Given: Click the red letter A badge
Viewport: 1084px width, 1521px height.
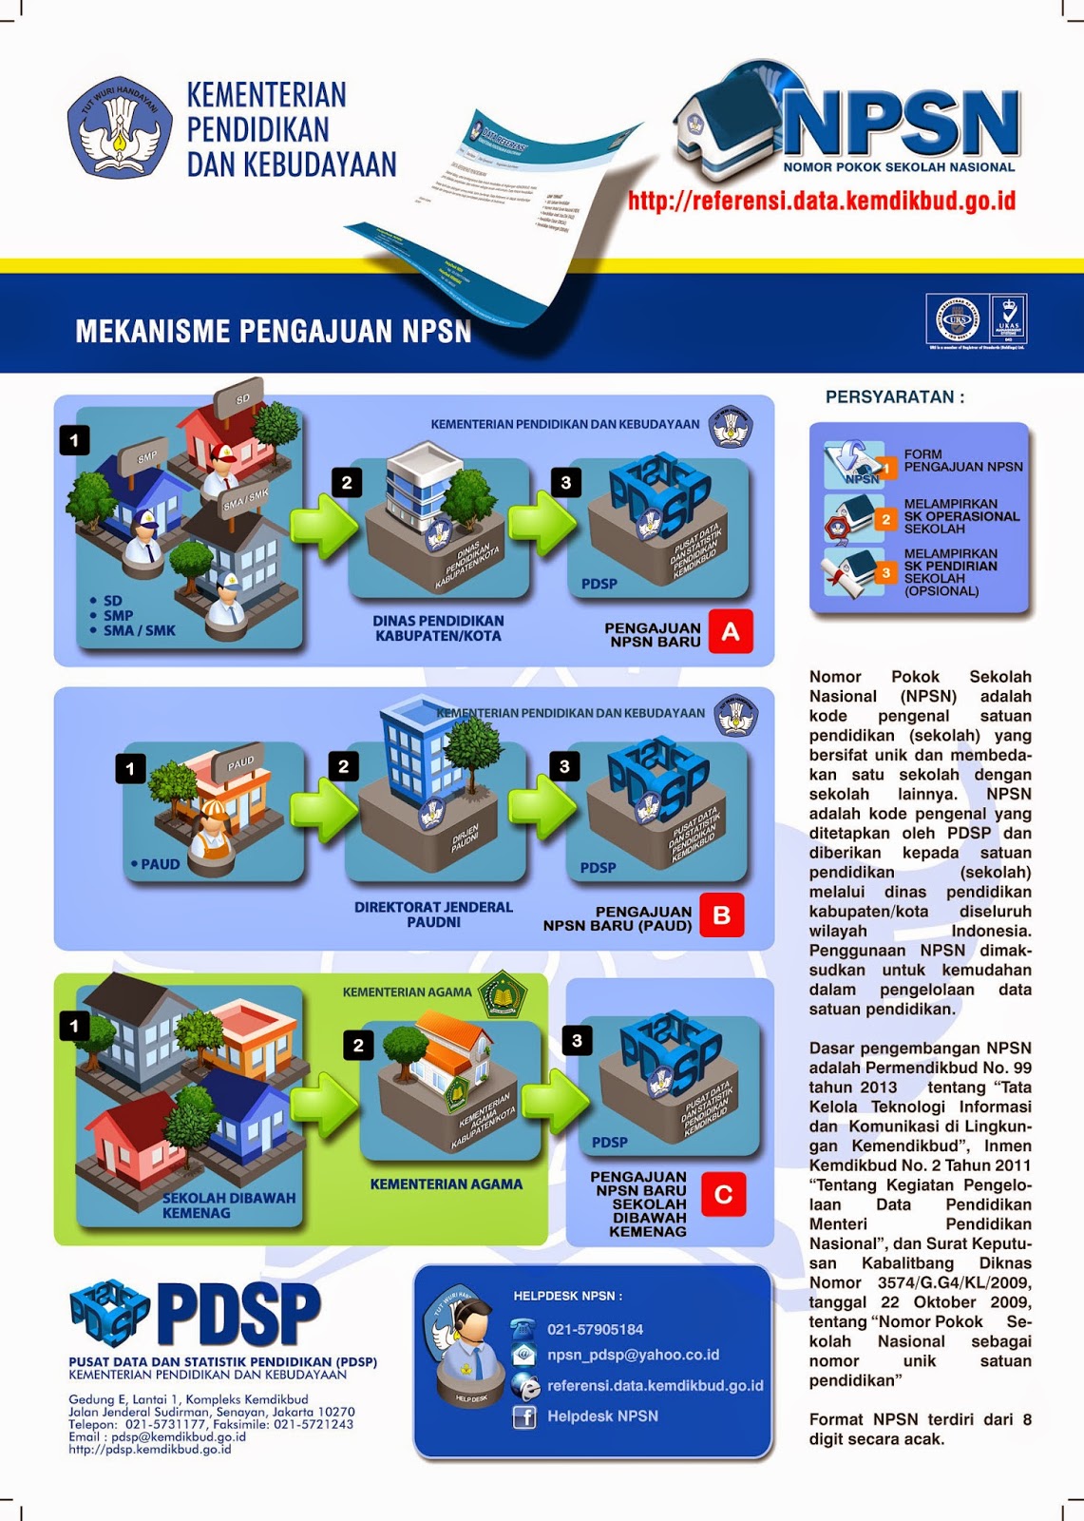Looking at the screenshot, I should click(x=730, y=632).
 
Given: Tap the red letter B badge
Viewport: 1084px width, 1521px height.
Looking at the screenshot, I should click(x=721, y=915).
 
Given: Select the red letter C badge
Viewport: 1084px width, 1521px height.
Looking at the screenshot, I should click(x=723, y=1195).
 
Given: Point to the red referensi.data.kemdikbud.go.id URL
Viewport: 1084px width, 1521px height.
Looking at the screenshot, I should click(x=822, y=201).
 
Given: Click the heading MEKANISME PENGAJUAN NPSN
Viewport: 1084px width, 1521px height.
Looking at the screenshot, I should click(x=274, y=331).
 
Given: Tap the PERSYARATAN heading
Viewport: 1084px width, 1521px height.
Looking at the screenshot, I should click(x=894, y=397).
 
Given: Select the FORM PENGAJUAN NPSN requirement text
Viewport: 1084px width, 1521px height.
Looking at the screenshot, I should click(x=962, y=461).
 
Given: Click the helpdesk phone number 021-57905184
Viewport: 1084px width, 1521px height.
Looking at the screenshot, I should click(x=595, y=1329).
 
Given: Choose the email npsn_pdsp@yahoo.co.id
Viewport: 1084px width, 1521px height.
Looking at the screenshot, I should click(x=633, y=1355).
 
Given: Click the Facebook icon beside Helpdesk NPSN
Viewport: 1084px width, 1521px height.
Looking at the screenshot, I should click(x=524, y=1416).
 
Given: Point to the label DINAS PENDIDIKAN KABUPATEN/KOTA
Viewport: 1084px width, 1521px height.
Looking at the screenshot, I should click(x=438, y=628).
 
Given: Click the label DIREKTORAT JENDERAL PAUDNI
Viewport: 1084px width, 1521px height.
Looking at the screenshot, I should click(x=433, y=915).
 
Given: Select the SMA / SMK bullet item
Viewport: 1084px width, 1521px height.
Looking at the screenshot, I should click(x=139, y=630).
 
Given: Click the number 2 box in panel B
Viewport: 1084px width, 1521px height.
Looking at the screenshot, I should click(x=344, y=766).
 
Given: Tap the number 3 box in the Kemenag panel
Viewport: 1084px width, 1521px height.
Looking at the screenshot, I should click(x=577, y=1041).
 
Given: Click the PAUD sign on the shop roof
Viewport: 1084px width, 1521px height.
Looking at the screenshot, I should click(x=240, y=762).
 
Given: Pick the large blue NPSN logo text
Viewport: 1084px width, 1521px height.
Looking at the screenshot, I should click(x=900, y=124).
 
